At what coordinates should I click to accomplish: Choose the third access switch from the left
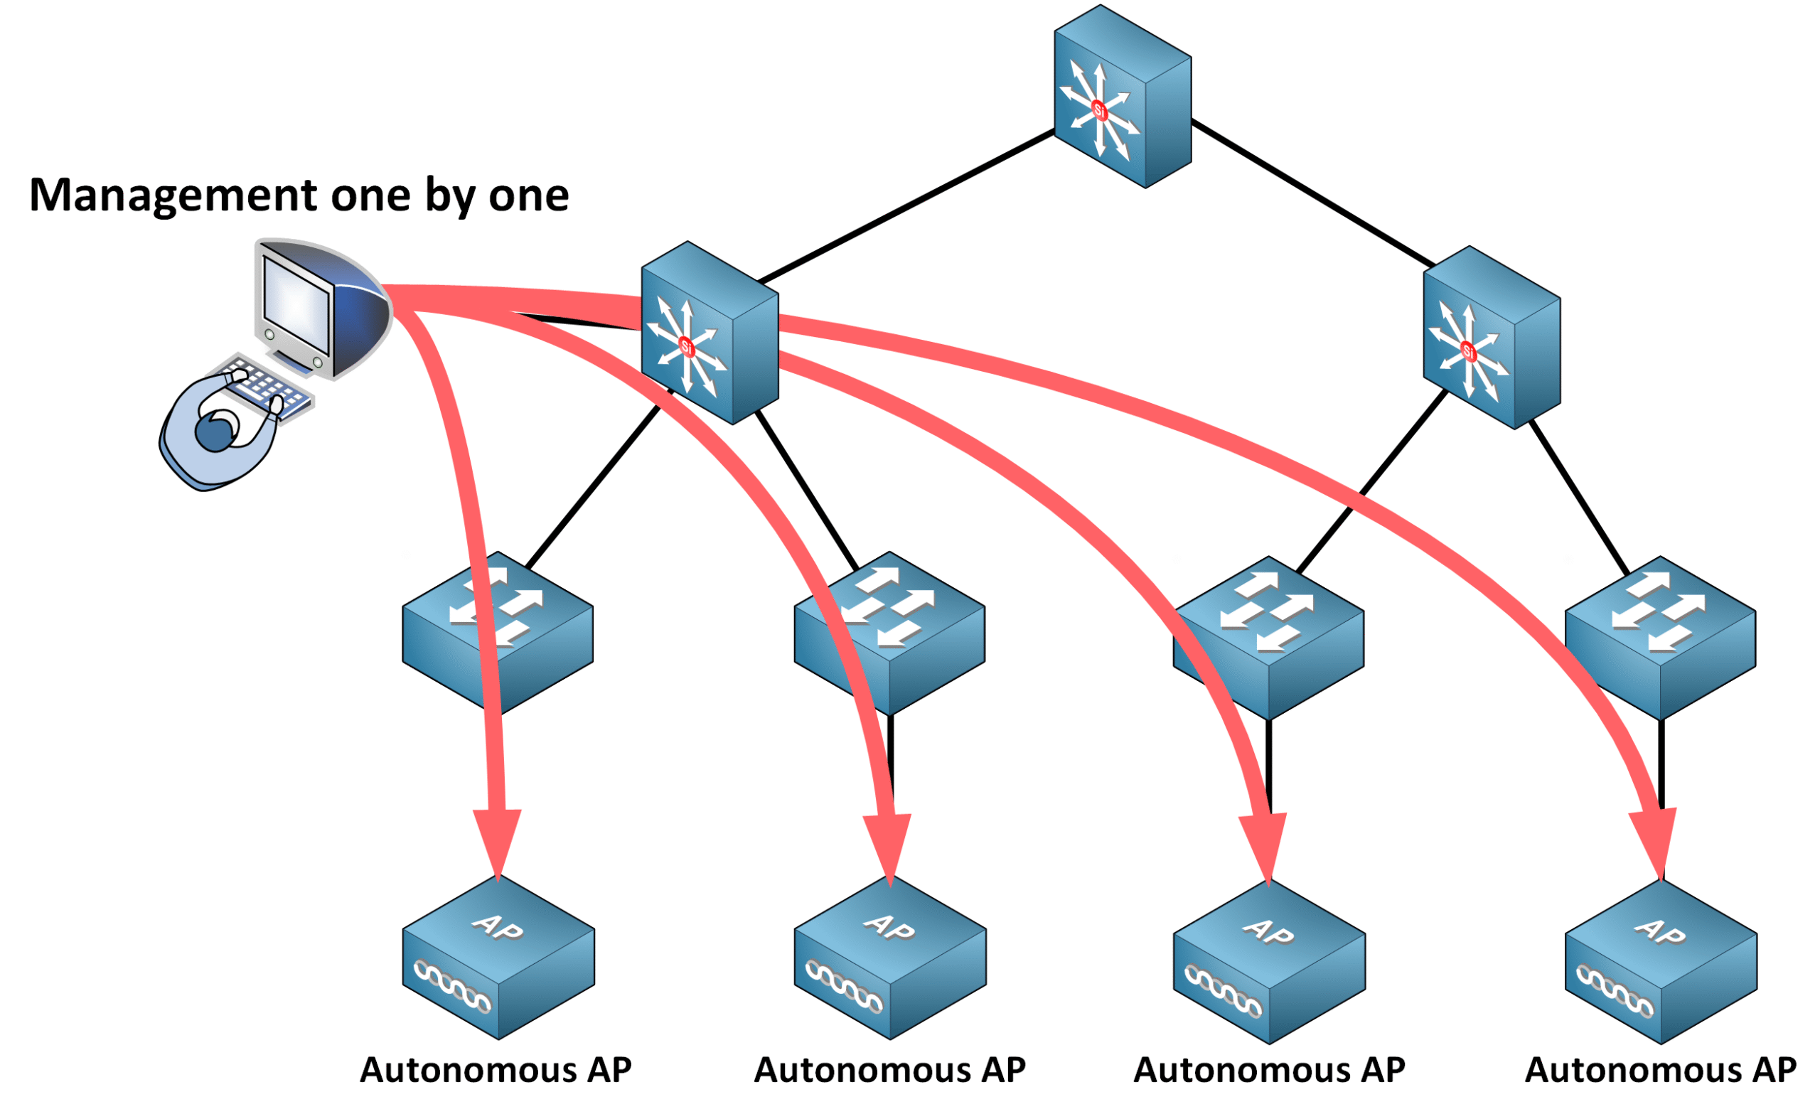(1268, 638)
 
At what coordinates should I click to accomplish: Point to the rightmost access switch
(1660, 638)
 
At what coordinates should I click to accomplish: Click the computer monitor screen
(296, 304)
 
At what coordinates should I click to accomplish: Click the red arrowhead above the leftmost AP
(498, 842)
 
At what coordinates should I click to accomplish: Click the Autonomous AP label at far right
(1661, 1071)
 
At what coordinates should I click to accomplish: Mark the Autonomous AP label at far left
(496, 1071)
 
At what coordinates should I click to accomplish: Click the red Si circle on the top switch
(1099, 111)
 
